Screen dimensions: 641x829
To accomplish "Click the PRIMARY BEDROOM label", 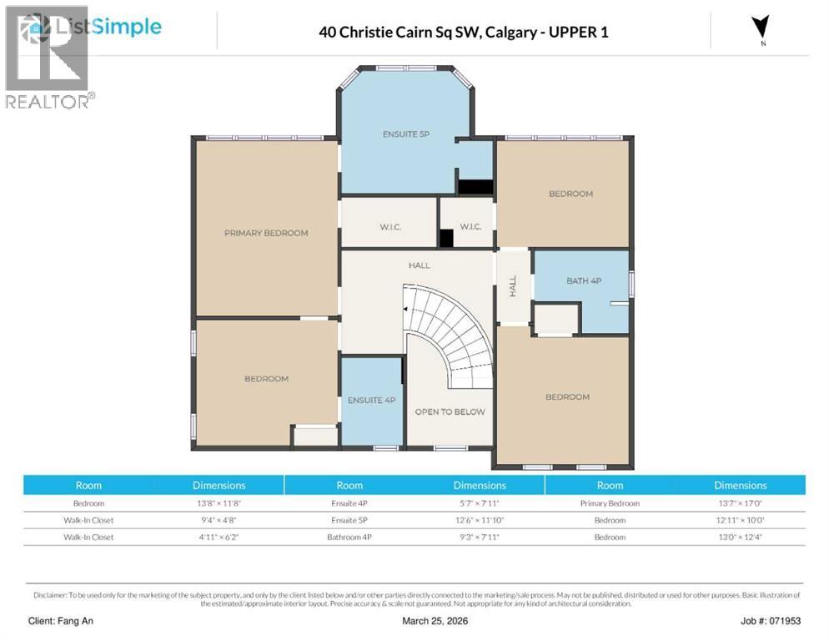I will coord(266,233).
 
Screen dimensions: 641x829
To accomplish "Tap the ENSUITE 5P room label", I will coord(406,134).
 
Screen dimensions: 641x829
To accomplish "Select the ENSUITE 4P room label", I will coord(371,400).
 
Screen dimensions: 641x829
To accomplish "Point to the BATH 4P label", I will coord(584,280).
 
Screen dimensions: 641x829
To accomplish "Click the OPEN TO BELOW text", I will coord(450,411).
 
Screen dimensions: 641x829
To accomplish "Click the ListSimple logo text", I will coord(108,27).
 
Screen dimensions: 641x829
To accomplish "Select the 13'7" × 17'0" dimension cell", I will coord(740,503).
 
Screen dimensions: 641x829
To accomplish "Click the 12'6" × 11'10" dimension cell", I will coord(480,520).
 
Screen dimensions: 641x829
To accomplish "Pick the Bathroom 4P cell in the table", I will coord(349,537).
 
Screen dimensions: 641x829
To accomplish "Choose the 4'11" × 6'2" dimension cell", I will coord(219,537).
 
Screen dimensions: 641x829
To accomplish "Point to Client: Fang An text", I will coord(62,621).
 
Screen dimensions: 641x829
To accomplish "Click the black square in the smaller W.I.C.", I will coord(446,238).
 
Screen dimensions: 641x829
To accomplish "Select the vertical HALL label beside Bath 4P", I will coord(513,286).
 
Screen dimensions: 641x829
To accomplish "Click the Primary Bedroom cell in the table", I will coord(610,503).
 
